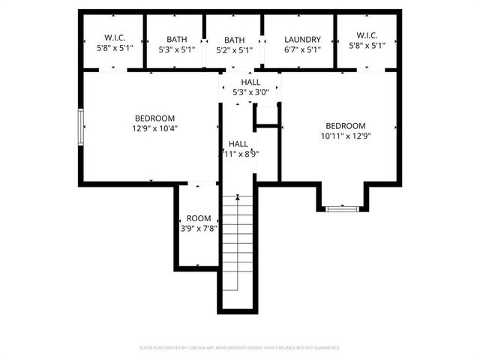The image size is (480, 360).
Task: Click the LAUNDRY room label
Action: pyautogui.click(x=303, y=40)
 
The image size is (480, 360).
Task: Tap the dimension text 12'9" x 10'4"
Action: pyautogui.click(x=155, y=128)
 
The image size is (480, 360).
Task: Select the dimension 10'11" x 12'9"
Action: pyautogui.click(x=345, y=136)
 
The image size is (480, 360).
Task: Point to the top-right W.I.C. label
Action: pyautogui.click(x=367, y=34)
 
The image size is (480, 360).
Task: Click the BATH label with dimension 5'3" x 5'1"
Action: pyautogui.click(x=177, y=40)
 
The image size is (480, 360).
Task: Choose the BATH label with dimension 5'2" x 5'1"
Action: pyautogui.click(x=234, y=40)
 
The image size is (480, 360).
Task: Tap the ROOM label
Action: pyautogui.click(x=199, y=218)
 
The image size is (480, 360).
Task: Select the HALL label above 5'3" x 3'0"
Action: pyautogui.click(x=250, y=82)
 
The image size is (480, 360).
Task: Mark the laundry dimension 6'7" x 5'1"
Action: pyautogui.click(x=303, y=50)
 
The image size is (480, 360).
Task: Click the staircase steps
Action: pyautogui.click(x=238, y=247)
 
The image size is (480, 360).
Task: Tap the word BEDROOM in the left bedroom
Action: pyautogui.click(x=155, y=118)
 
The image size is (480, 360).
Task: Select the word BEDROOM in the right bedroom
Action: pyautogui.click(x=345, y=126)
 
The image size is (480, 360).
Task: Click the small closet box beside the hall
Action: pyautogui.click(x=266, y=116)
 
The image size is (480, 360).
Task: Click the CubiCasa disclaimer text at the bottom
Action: pyautogui.click(x=240, y=348)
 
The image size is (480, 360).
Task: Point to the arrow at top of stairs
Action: pyautogui.click(x=238, y=197)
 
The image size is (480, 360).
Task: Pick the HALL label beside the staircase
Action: pyautogui.click(x=238, y=143)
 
